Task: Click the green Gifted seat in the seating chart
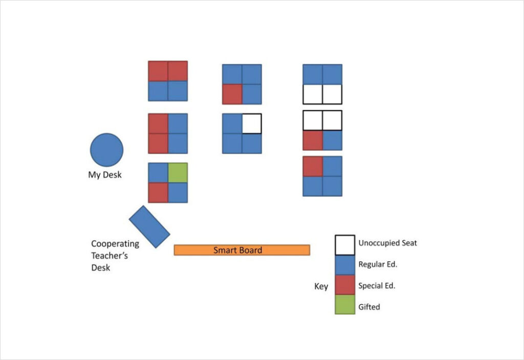(178, 173)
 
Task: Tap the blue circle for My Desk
(106, 150)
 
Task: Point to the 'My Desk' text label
(105, 175)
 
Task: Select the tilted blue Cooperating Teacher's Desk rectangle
(149, 227)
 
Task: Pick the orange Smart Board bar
(242, 250)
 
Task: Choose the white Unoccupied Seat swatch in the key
(345, 245)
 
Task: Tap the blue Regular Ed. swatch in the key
(345, 265)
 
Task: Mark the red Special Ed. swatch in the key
(345, 285)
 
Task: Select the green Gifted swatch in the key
(345, 305)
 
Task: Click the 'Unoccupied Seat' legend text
(387, 243)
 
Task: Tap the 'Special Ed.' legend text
(377, 286)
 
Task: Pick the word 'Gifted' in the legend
(369, 307)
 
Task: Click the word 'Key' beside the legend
(321, 286)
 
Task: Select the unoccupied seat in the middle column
(252, 123)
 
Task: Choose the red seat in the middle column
(232, 94)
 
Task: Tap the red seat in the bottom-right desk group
(313, 166)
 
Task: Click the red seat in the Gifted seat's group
(158, 193)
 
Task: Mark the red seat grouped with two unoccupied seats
(313, 140)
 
